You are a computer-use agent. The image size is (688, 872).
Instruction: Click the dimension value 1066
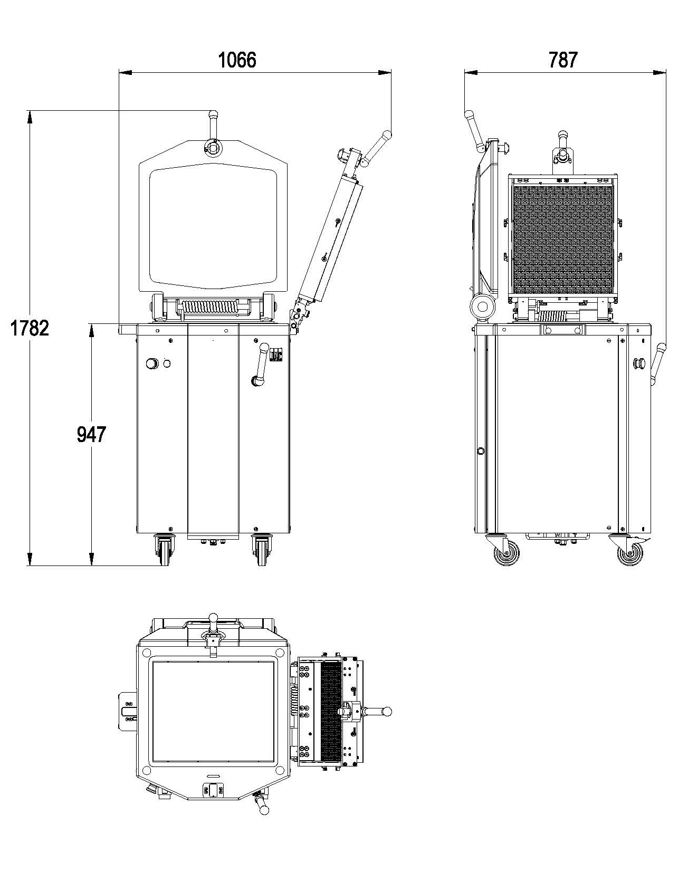click(237, 60)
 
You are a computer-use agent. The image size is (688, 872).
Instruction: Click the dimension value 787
click(563, 60)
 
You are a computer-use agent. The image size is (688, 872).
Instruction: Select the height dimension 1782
click(30, 328)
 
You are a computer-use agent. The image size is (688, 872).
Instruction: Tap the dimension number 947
click(91, 434)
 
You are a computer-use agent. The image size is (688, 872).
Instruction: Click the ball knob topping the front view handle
click(213, 114)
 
